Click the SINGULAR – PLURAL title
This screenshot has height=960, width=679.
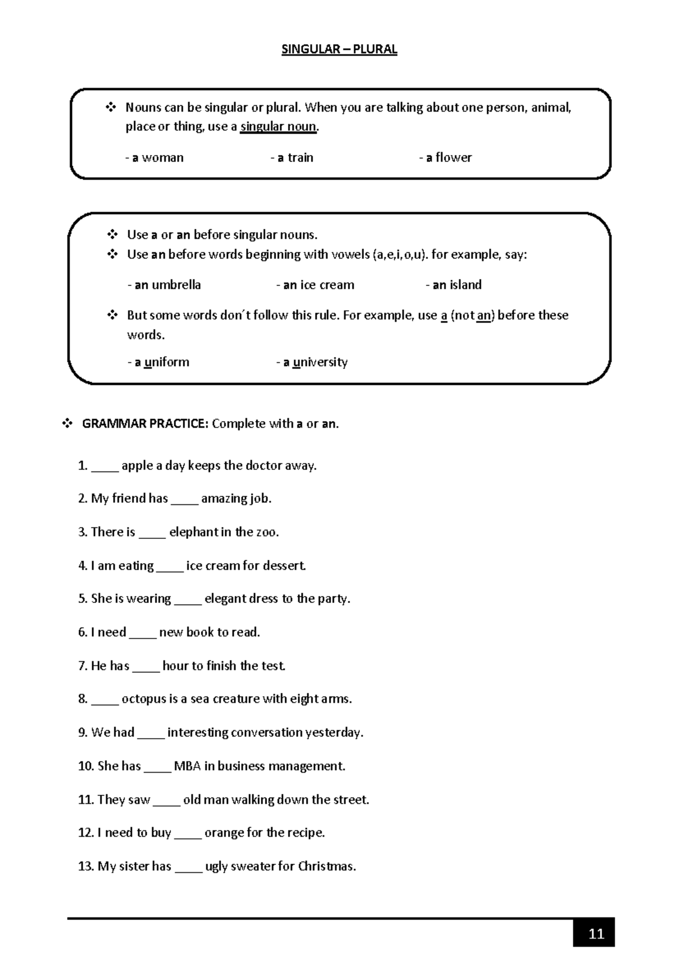(339, 49)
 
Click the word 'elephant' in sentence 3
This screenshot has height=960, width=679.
(194, 532)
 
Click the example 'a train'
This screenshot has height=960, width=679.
(293, 157)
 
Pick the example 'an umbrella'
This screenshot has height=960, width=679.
(165, 285)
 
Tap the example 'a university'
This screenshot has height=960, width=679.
(312, 362)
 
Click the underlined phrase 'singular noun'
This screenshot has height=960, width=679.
(278, 126)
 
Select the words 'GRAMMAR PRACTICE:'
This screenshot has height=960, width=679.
(145, 423)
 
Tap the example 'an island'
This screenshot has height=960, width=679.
(454, 285)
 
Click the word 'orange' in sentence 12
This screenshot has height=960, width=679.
(225, 833)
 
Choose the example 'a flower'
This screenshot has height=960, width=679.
(446, 157)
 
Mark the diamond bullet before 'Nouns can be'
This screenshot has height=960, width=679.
(111, 107)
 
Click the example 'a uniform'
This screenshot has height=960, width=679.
(159, 362)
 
